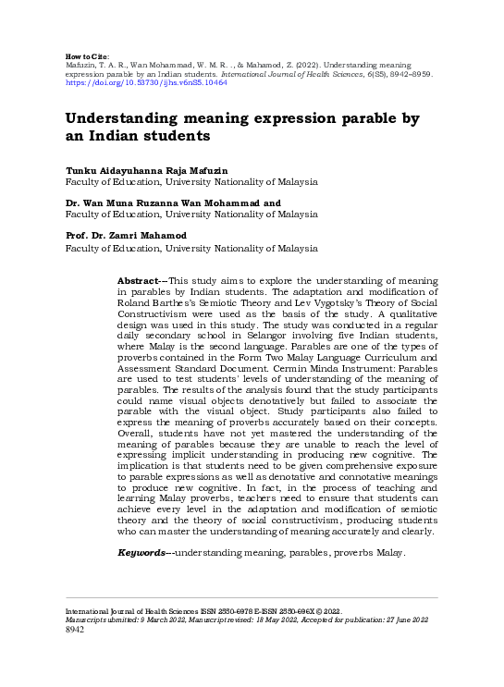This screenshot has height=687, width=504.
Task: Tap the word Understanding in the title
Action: pyautogui.click(x=133, y=118)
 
